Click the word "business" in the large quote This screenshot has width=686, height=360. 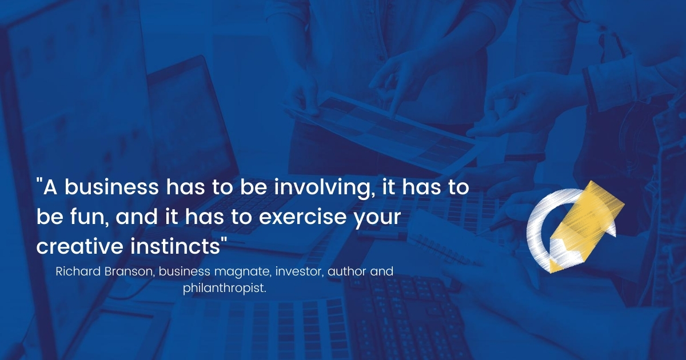click(x=111, y=187)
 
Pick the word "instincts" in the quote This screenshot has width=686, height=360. click(x=175, y=246)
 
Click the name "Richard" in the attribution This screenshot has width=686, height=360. click(x=78, y=271)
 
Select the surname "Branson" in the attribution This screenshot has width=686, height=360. click(x=130, y=271)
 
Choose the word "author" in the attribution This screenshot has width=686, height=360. click(x=346, y=271)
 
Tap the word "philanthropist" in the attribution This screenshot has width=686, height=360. click(x=224, y=288)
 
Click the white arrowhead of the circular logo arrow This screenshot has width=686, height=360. click(x=612, y=229)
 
